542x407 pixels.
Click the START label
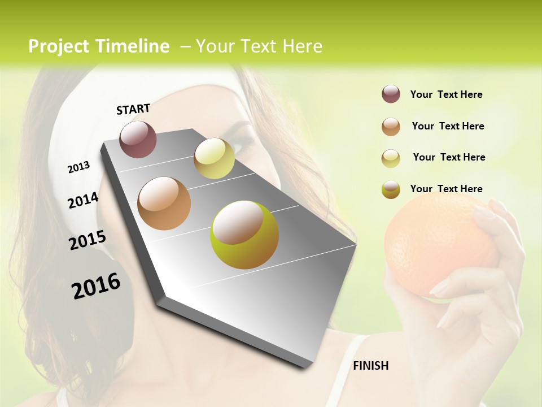(133, 109)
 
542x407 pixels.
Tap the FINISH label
(370, 366)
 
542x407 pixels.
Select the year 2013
(78, 167)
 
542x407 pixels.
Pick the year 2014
(83, 201)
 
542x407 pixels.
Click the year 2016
(96, 286)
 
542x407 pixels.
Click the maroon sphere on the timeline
(138, 139)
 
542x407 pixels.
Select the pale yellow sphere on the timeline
(214, 158)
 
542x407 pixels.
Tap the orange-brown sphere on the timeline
(164, 203)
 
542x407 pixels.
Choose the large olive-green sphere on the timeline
(244, 235)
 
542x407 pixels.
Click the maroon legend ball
(391, 94)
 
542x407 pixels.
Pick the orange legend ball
(391, 126)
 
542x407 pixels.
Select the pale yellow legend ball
(391, 158)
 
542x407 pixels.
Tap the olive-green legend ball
(391, 189)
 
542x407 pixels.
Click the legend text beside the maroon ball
(446, 94)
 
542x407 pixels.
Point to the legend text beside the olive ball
(446, 189)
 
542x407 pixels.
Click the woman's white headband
(85, 113)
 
